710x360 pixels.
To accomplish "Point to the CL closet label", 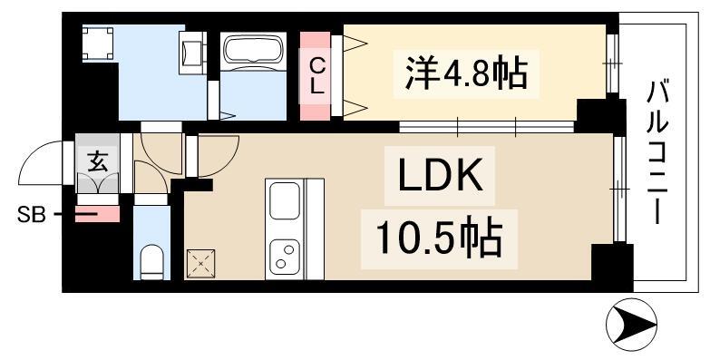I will [316, 77].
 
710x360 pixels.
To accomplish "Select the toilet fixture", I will [152, 260].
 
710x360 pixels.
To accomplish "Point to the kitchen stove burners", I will [286, 254].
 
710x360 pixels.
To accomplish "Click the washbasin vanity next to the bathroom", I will [193, 53].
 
